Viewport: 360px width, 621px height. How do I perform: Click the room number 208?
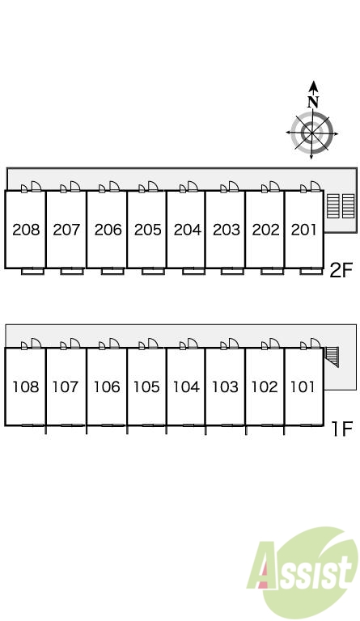26,230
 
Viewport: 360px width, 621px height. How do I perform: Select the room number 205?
148,230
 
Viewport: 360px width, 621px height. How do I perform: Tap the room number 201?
303,230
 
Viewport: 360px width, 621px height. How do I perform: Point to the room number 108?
26,387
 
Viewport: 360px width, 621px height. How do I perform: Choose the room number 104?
186,387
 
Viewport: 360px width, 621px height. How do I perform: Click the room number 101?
303,387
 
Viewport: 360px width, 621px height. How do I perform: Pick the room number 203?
227,230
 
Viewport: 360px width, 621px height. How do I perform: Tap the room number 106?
107,387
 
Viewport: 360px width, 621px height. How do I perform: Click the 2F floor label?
341,271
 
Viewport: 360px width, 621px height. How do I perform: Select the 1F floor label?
341,429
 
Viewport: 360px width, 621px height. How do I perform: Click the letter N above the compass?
313,102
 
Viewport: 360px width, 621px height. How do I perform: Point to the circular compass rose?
311,133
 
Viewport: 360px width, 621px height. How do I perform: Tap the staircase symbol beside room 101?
332,357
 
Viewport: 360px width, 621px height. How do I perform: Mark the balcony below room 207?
72,272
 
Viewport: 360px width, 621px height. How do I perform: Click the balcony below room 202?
272,272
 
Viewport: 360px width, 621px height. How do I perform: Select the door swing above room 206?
114,187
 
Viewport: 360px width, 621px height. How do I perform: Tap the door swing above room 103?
233,344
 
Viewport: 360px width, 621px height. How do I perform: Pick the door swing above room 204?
193,187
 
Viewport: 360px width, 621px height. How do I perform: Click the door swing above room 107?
75,344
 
